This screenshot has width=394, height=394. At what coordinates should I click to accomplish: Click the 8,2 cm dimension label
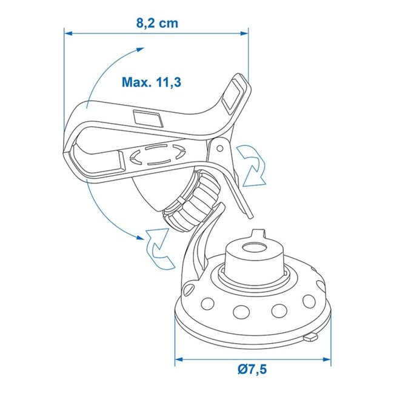[x=157, y=24]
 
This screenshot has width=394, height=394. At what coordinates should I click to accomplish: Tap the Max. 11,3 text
[x=151, y=82]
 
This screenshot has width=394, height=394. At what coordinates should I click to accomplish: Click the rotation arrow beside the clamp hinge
[x=251, y=163]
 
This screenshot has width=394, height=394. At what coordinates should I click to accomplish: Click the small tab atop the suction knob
[x=259, y=232]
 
